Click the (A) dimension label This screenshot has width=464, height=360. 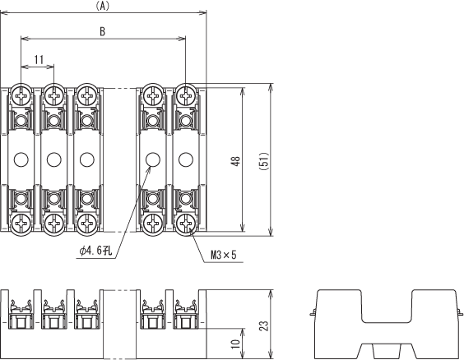pos(103,6)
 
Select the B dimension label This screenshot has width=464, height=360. pos(102,31)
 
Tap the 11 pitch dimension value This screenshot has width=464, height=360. pos(39,60)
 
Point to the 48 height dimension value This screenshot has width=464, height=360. pos(236,161)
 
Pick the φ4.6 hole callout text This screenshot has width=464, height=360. pos(95,252)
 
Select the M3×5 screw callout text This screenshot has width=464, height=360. pos(224,255)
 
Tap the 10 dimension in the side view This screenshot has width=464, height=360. pos(235,344)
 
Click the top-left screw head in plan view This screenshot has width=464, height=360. pos(21,96)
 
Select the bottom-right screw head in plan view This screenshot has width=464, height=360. pos(186,224)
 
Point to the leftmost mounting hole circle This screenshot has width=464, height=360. pos(21,159)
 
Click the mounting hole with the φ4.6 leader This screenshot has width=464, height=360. pos(153,159)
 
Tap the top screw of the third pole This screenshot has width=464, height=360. pos(86,96)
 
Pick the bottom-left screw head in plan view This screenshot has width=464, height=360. pos(21,224)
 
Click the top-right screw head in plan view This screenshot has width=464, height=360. pos(186,96)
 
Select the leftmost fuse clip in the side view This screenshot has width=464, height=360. pos(21,314)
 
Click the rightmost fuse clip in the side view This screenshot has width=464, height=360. pos(186,314)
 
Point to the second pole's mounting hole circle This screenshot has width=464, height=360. pos(53,159)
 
